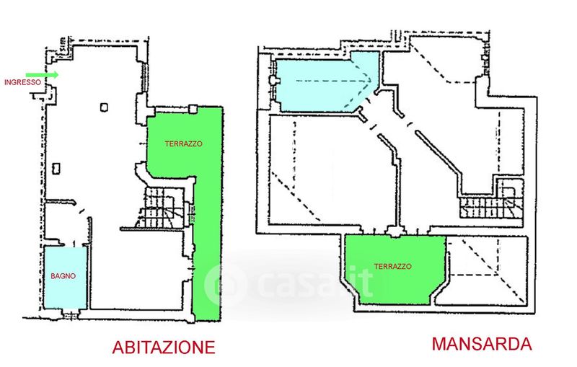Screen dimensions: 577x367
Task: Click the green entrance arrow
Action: point(42,74)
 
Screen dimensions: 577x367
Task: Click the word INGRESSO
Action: point(22,82)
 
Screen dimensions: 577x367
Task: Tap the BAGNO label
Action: point(63,275)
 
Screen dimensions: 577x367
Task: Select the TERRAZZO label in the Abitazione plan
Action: point(183,143)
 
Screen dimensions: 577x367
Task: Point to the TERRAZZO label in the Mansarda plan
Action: point(393,266)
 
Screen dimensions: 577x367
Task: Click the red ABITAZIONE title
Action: point(164,347)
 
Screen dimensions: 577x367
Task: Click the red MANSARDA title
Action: point(481,343)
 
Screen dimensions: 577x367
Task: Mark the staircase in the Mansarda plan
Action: point(488,206)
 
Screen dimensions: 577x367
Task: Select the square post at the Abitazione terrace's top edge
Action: point(193,108)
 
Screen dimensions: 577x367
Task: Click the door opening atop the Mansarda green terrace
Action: point(394,232)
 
